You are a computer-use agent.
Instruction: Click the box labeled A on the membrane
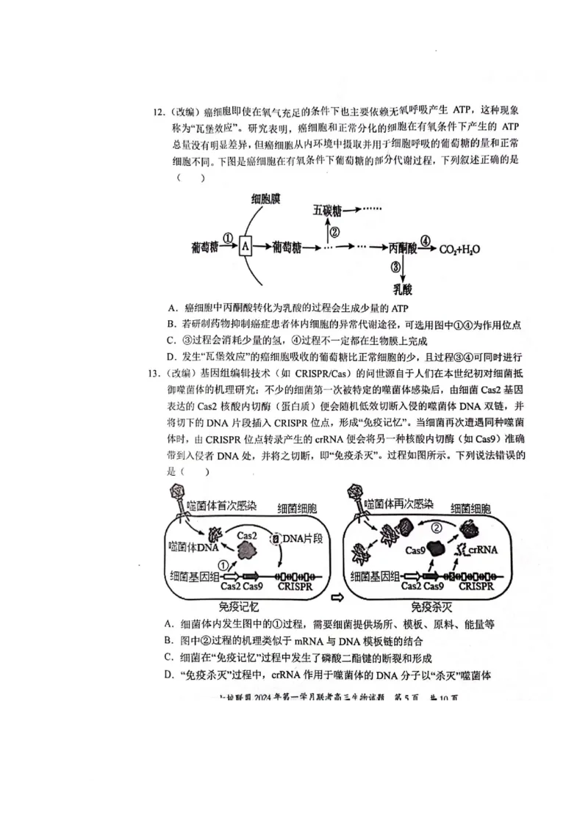pos(245,247)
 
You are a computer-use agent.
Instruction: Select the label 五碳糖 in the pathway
pos(327,211)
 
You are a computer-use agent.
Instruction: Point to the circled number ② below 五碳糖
pos(334,232)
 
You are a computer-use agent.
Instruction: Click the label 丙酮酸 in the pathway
pos(403,248)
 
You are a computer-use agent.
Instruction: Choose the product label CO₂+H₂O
pos(460,249)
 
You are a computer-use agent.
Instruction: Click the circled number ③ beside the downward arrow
pos(395,267)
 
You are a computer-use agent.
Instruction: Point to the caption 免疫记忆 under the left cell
pos(238,607)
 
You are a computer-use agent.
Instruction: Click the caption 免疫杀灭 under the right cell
pos(431,607)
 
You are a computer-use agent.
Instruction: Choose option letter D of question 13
pos(168,675)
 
